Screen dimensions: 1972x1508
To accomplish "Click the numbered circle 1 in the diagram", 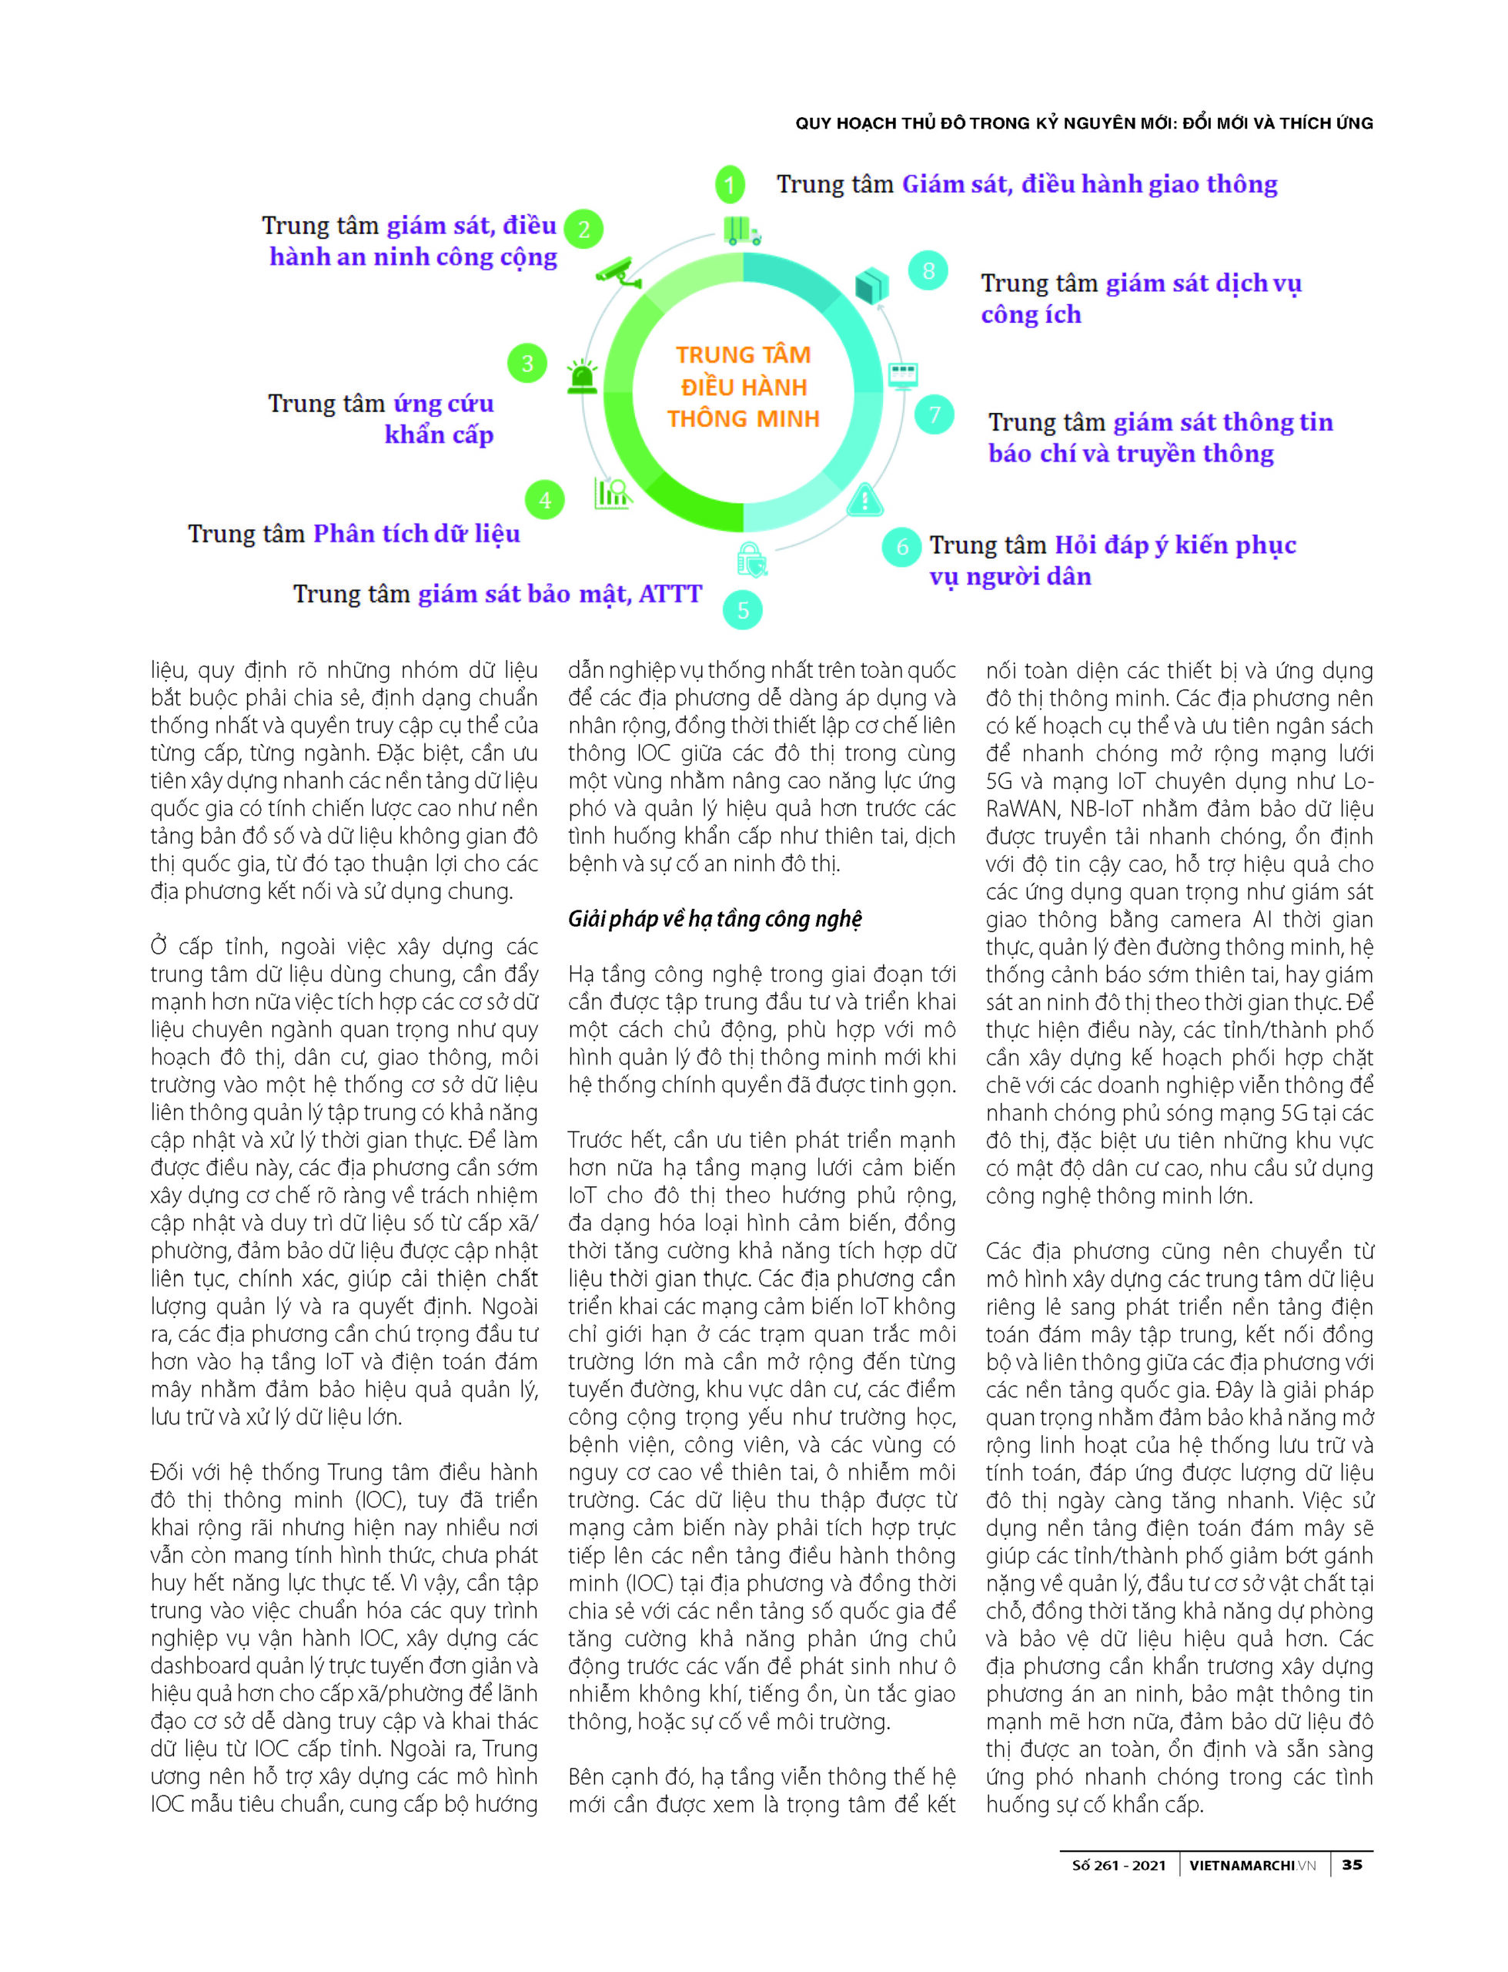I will [730, 185].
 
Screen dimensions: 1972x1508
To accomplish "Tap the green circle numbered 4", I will [545, 500].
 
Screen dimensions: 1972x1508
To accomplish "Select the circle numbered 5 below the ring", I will [742, 611].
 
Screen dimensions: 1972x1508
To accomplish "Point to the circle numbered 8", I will [928, 270].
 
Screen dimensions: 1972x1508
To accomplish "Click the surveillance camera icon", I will [618, 273].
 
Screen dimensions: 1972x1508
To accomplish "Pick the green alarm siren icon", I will [583, 377].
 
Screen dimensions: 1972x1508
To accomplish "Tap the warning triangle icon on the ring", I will [864, 500].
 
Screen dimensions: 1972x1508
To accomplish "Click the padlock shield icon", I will [751, 560].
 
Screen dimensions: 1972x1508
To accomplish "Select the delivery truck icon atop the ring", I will [742, 231].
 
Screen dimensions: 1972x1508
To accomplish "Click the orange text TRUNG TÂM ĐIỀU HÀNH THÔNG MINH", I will [744, 387].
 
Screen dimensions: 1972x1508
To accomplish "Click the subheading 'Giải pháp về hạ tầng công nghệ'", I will [714, 919].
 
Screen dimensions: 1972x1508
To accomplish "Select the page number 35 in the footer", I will [1352, 1865].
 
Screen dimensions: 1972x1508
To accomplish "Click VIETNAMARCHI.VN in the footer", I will [1252, 1866].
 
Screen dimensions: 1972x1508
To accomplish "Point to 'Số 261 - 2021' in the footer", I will [1118, 1866].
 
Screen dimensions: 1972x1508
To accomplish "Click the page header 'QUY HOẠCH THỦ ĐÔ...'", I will [1083, 124].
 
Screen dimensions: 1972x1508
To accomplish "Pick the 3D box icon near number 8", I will [871, 286].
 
